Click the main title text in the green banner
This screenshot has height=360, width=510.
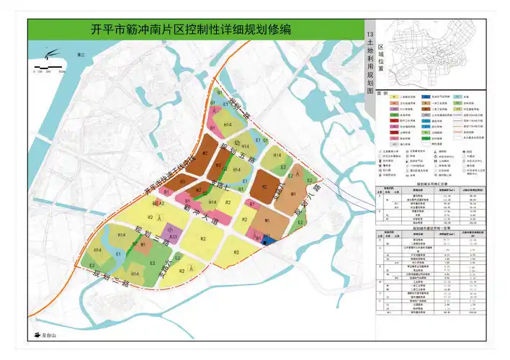click(192, 30)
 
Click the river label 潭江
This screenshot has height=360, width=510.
click(81, 54)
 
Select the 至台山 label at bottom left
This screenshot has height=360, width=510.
click(49, 336)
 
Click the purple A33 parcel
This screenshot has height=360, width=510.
click(173, 235)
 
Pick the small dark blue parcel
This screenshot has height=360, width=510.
click(266, 237)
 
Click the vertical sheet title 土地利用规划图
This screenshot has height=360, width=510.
click(370, 65)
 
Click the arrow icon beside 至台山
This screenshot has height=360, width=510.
click(34, 336)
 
